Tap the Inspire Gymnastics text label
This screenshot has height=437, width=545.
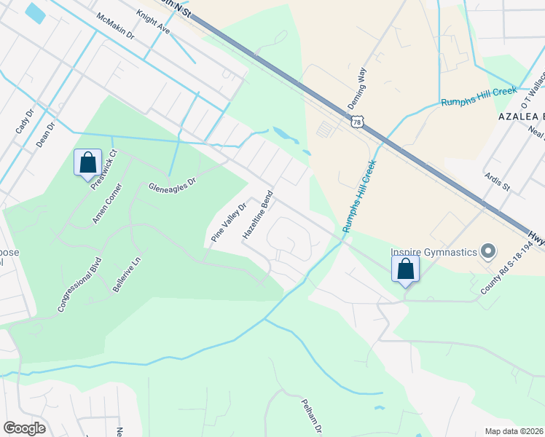tap(434, 251)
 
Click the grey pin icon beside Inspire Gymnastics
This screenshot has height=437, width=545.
tap(488, 252)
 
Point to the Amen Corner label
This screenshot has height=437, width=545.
tap(106, 205)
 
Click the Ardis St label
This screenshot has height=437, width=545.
tap(498, 182)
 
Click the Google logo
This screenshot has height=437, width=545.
tap(24, 428)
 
